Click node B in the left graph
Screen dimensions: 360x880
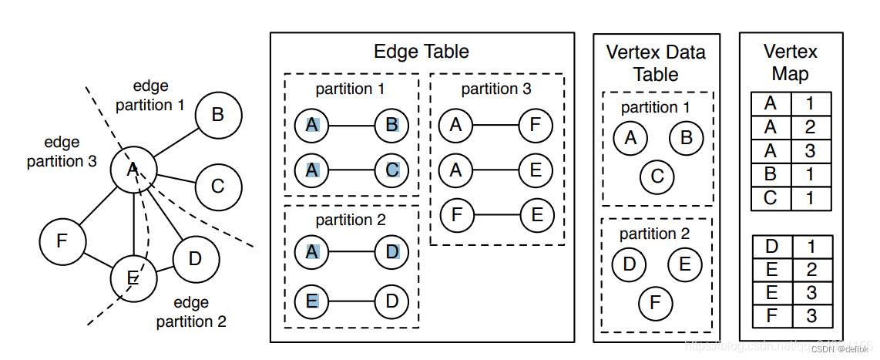[x=218, y=116]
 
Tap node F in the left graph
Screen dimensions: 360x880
[x=62, y=241]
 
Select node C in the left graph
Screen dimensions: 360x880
[x=218, y=187]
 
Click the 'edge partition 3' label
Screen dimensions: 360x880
[x=62, y=152]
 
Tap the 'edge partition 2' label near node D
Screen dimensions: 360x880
[x=191, y=311]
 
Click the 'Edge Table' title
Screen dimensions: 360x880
[x=421, y=52]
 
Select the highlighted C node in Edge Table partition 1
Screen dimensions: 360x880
[x=392, y=170]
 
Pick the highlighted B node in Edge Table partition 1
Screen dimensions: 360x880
[x=392, y=124]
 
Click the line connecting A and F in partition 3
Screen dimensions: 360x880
[x=495, y=124]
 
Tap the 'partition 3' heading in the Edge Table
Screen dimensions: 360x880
[x=496, y=89]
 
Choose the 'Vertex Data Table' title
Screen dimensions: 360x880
[x=656, y=63]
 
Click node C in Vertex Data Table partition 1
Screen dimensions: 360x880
[x=657, y=176]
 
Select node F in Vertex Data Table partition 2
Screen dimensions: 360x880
[x=655, y=302]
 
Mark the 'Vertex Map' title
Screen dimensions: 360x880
[x=790, y=62]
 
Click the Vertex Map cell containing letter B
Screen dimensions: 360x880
[x=770, y=174]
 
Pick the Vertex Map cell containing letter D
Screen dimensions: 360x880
[x=770, y=247]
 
